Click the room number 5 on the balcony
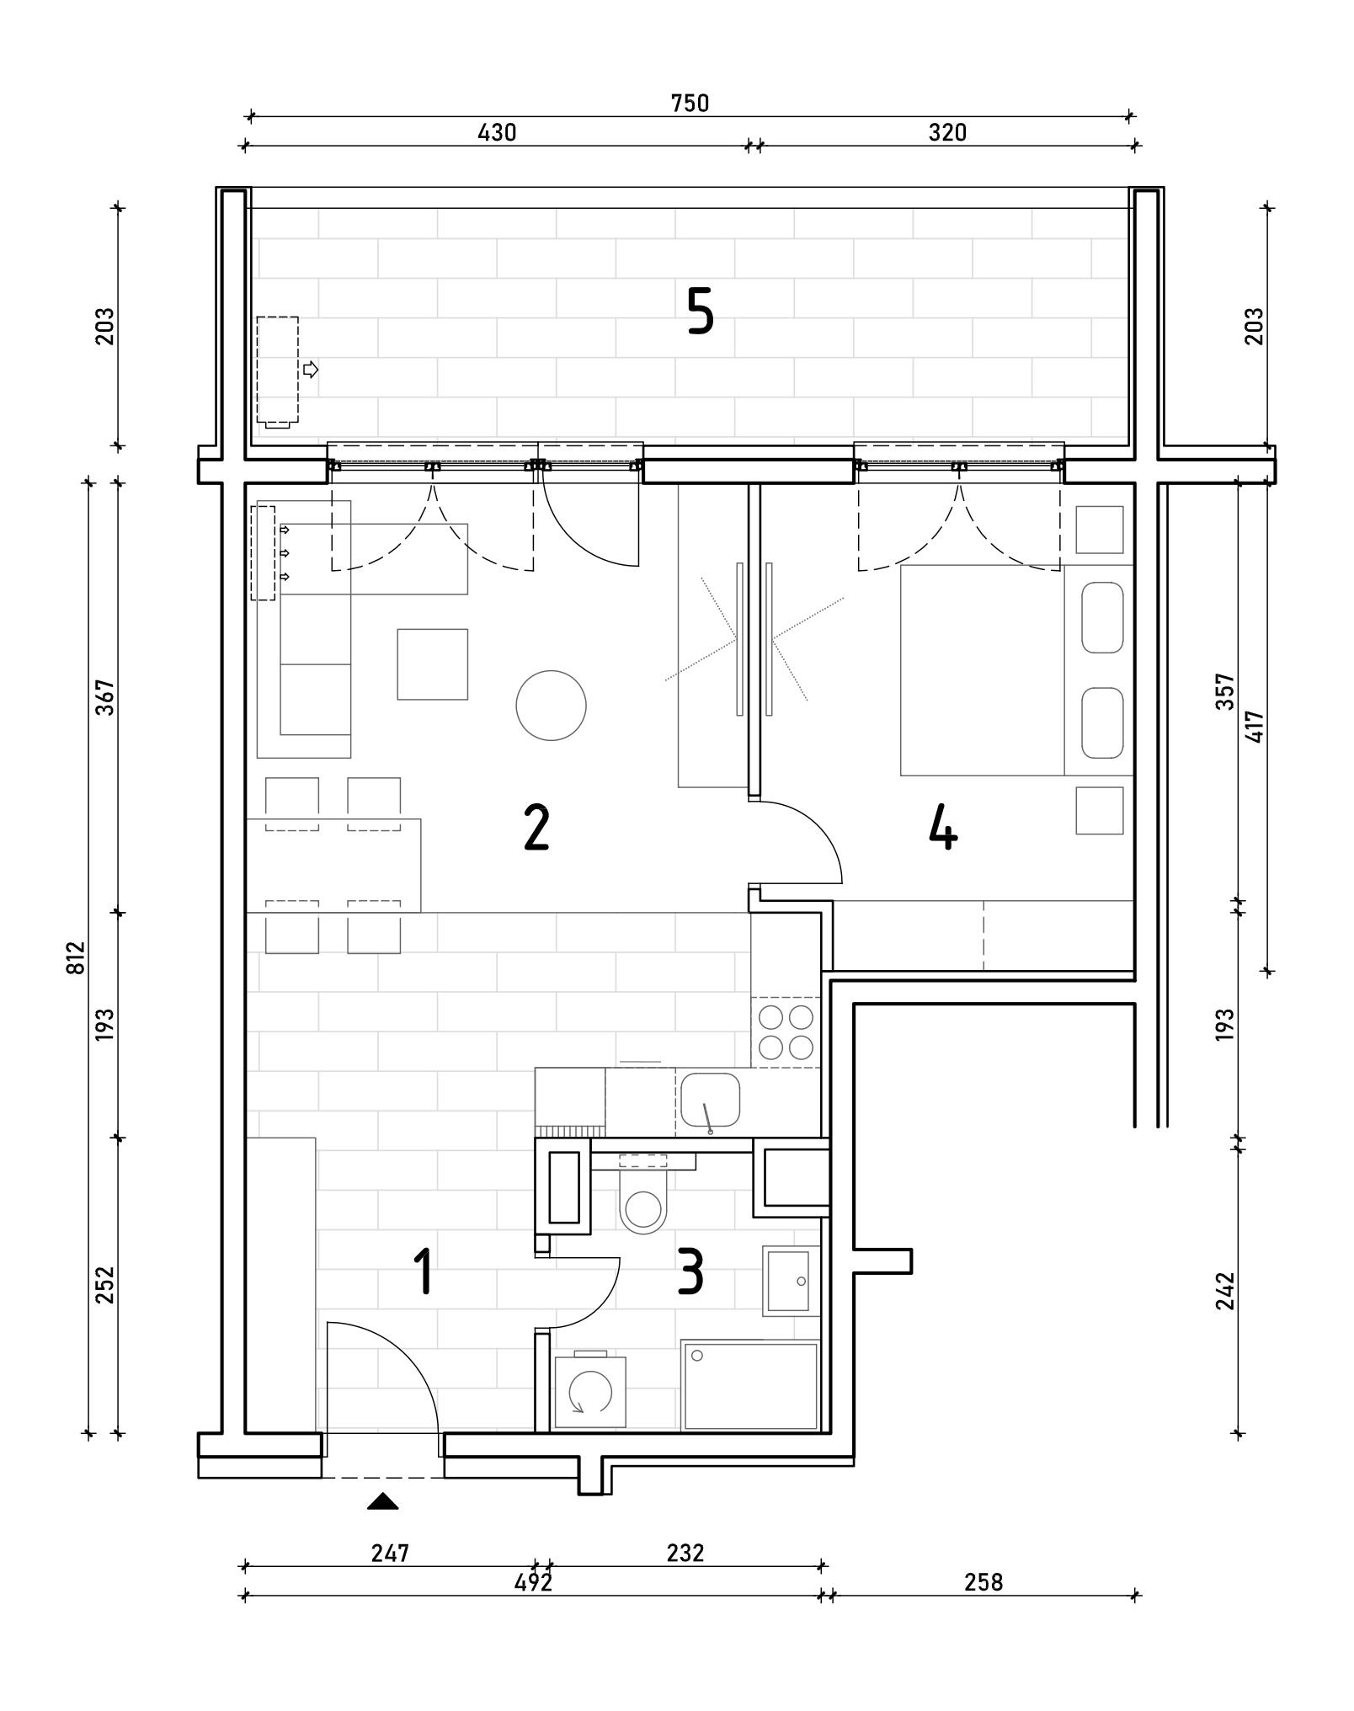point(701,311)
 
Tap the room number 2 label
point(536,827)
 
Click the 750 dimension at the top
point(690,103)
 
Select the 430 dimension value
point(497,132)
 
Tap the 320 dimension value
point(947,132)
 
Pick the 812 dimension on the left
point(76,957)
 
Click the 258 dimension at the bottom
point(984,1582)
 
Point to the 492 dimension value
point(533,1582)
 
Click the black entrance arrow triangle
point(383,1500)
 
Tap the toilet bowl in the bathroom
point(643,1202)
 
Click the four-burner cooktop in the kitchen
point(786,1032)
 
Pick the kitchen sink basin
point(710,1100)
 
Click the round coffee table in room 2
point(551,706)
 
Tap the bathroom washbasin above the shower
point(790,1281)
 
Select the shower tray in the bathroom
point(750,1386)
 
